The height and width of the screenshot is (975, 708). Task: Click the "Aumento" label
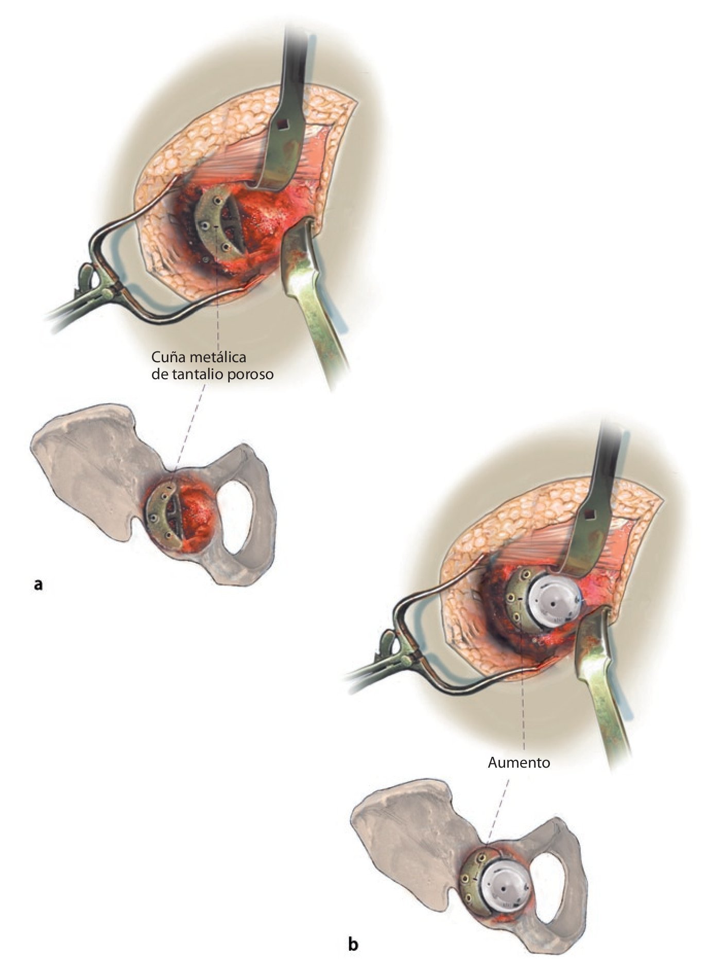coord(519,763)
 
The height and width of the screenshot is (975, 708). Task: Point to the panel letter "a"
coord(37,583)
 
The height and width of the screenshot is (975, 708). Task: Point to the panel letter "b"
coord(353,944)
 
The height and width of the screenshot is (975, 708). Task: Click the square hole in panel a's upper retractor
coord(281,124)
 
